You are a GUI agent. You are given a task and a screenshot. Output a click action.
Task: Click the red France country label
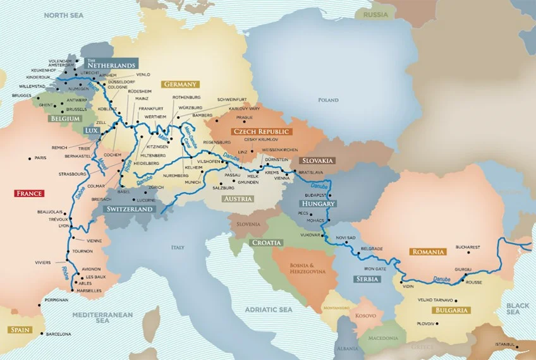point(29,193)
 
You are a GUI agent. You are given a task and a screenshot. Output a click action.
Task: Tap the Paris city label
point(41,158)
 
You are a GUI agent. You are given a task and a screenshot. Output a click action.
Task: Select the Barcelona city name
point(58,333)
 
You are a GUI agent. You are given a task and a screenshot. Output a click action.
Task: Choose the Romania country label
point(428,251)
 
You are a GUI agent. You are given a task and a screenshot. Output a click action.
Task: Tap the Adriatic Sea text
point(268,309)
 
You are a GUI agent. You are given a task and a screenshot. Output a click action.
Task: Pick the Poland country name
point(328,100)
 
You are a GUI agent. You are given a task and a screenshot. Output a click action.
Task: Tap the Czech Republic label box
point(261,131)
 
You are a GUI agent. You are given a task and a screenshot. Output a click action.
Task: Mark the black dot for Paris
point(30,158)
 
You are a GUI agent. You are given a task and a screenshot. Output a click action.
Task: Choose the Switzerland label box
point(130,208)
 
